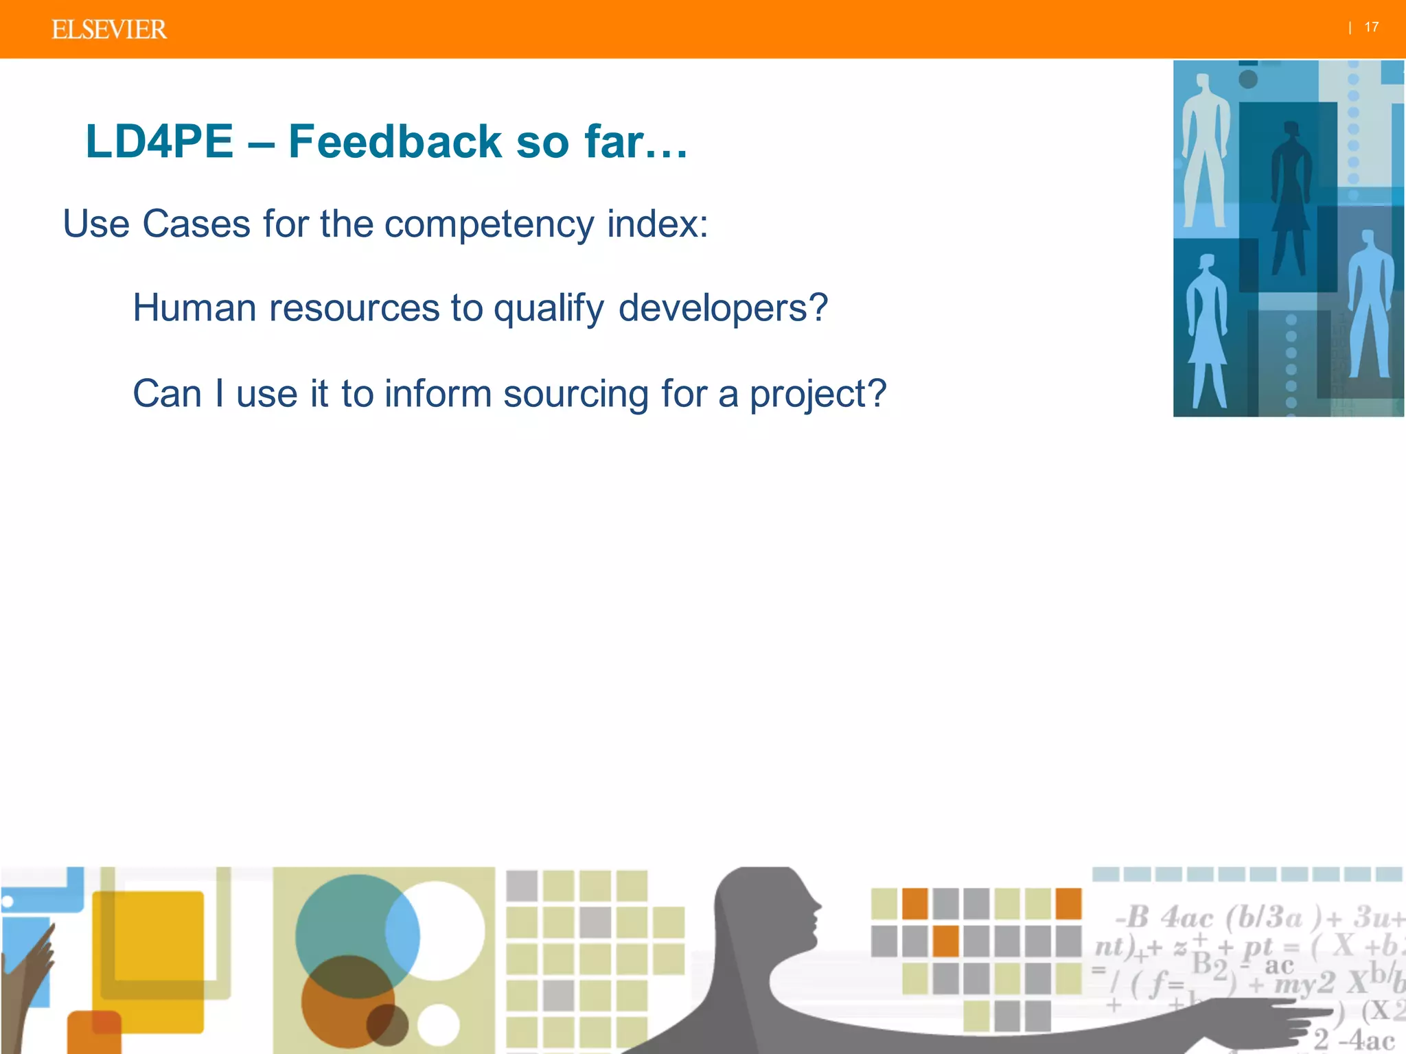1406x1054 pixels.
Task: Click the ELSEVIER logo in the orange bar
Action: pos(109,30)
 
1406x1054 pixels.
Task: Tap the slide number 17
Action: pos(1371,27)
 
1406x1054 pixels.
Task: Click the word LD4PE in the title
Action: pos(159,141)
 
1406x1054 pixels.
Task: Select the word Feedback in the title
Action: pos(395,141)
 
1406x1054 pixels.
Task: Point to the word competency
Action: pos(489,224)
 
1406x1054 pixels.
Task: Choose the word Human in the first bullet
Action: pos(194,307)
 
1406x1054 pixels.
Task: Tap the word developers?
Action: pos(723,307)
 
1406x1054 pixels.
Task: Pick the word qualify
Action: pos(549,309)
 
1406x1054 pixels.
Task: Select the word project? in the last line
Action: pos(818,395)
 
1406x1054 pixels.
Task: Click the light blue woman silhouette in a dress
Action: pos(1207,329)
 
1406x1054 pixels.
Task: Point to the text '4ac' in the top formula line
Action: pos(1187,917)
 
